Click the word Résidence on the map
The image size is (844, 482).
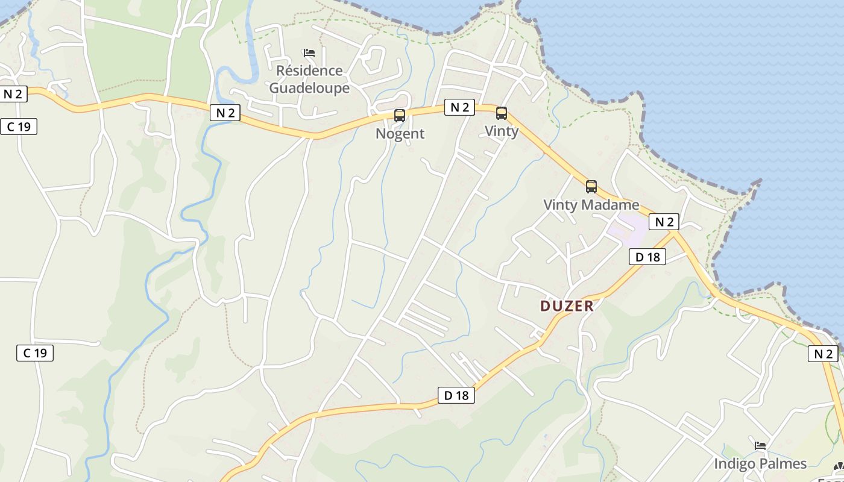point(309,70)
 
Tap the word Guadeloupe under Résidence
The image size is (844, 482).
point(309,88)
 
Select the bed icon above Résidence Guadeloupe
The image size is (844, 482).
point(309,53)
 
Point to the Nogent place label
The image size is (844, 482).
point(400,134)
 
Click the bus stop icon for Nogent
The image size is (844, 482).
point(399,116)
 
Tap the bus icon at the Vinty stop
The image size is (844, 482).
point(501,113)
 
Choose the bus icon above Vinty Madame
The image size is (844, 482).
point(591,187)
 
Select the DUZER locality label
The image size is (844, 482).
point(567,306)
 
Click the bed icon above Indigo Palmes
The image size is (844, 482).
point(760,446)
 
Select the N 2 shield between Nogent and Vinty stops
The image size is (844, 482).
point(460,107)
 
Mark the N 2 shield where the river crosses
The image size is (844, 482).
point(225,113)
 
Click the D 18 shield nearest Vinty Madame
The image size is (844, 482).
point(647,257)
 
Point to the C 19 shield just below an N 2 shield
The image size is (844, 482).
point(19,127)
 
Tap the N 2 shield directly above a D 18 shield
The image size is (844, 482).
point(664,222)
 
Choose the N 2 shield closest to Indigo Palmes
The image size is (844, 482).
point(823,354)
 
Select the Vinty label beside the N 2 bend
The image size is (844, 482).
point(502,131)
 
